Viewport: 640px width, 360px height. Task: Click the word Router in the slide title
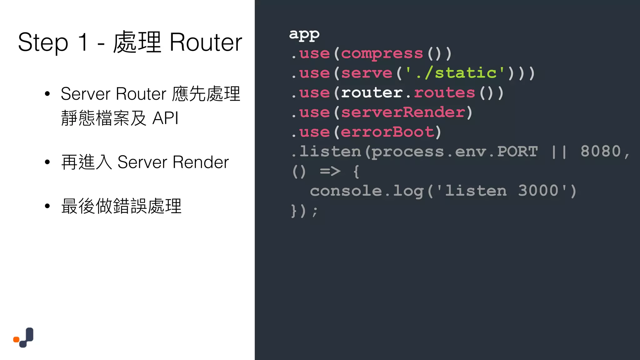pyautogui.click(x=206, y=43)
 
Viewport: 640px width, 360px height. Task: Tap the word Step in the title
pyautogui.click(x=43, y=43)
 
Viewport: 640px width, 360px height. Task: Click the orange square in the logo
pyautogui.click(x=16, y=339)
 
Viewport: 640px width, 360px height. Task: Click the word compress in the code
pyautogui.click(x=382, y=54)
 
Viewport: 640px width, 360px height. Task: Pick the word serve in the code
pyautogui.click(x=367, y=73)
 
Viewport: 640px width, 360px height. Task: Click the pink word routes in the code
pyautogui.click(x=444, y=93)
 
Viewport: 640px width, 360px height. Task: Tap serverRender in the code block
pyautogui.click(x=403, y=112)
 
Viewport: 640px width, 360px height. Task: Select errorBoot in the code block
pyautogui.click(x=387, y=132)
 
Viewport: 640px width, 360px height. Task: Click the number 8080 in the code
pyautogui.click(x=600, y=152)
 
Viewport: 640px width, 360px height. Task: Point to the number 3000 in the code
pyautogui.click(x=538, y=191)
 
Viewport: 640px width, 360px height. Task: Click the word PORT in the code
pyautogui.click(x=517, y=152)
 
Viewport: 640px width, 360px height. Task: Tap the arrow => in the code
pyautogui.click(x=330, y=171)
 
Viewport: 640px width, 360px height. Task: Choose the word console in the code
pyautogui.click(x=346, y=191)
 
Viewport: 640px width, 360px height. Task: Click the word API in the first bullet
pyautogui.click(x=165, y=118)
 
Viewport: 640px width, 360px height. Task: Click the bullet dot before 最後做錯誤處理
pyautogui.click(x=47, y=206)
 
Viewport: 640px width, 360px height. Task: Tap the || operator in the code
pyautogui.click(x=559, y=152)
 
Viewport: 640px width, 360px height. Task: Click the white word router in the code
pyautogui.click(x=372, y=93)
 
